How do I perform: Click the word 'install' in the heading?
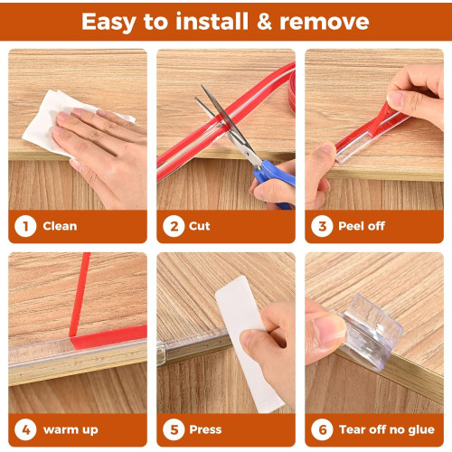pos(212,22)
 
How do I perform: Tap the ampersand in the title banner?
pos(265,22)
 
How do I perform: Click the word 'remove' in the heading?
pos(325,22)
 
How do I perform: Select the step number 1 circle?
pos(25,226)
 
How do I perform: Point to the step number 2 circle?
pos(174,226)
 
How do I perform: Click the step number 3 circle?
pos(322,226)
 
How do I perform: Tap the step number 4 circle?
pos(25,429)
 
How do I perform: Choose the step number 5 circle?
pos(174,429)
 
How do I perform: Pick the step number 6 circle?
pos(322,429)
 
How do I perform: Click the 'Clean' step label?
pos(60,226)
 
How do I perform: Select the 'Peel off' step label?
pos(362,226)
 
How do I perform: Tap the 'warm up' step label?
pos(71,430)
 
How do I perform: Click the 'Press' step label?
pos(205,429)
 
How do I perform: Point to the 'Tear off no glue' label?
pos(387,429)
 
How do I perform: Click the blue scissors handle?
pos(273,178)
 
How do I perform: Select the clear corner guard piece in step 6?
pos(372,332)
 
